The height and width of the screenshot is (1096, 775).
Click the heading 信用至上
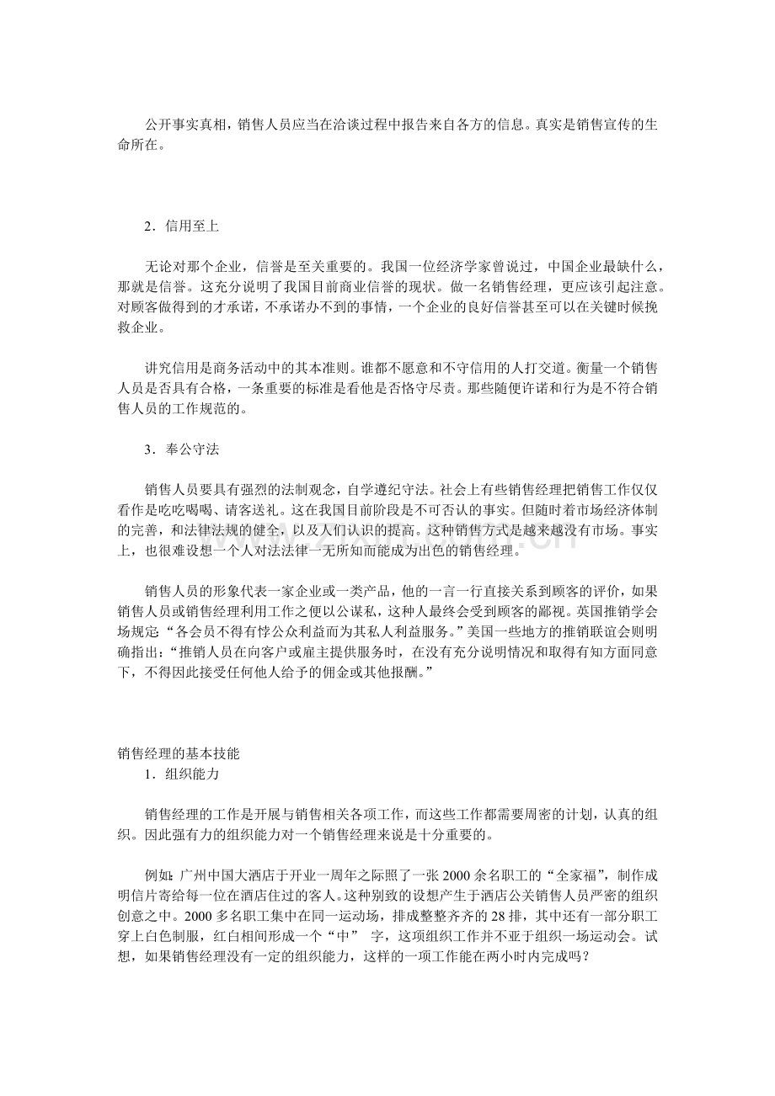tap(193, 226)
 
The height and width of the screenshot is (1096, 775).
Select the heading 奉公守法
tap(193, 450)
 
